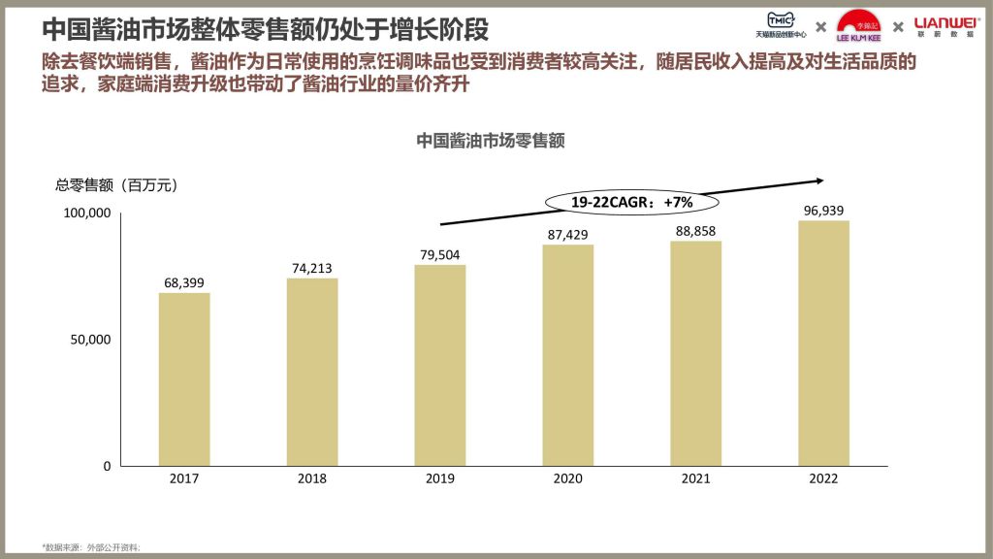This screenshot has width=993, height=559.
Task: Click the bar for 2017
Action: pos(184,379)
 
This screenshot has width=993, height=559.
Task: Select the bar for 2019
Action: pos(440,365)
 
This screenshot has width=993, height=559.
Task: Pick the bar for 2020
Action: pos(567,355)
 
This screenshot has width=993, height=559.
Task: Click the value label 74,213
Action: pos(312,266)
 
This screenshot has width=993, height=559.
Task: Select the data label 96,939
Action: pos(823,209)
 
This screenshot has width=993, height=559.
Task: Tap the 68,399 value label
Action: pos(184,281)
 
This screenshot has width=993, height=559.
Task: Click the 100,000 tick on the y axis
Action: pos(86,213)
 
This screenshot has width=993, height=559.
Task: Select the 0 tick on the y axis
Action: pos(107,466)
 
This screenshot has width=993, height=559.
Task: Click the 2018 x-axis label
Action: pos(312,479)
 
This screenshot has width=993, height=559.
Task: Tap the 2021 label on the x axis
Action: pos(695,479)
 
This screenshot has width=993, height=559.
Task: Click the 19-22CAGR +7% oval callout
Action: pos(631,202)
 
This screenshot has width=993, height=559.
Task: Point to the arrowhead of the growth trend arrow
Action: pos(819,180)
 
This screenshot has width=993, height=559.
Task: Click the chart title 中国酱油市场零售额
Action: pos(491,140)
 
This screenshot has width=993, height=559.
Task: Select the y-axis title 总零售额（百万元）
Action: pos(117,184)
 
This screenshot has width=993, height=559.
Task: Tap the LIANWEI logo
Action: pos(947,22)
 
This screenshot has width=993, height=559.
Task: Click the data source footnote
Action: pos(91,548)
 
